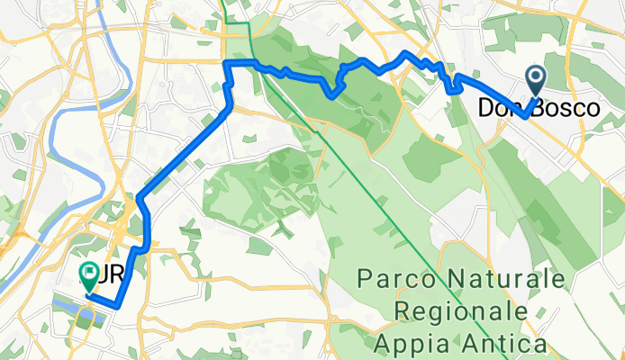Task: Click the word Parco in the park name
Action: (390, 278)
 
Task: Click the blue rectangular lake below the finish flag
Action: (68, 306)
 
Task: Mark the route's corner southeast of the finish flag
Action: (118, 306)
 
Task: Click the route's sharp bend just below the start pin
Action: (523, 115)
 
